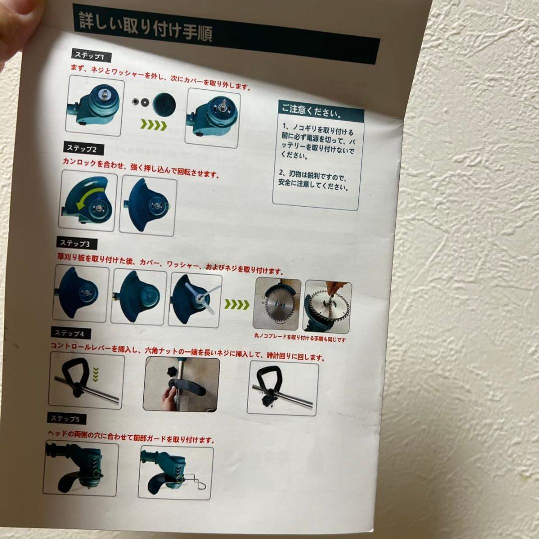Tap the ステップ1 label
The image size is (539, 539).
tap(90, 55)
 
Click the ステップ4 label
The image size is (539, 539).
tap(70, 332)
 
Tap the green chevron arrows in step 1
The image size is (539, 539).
tap(153, 125)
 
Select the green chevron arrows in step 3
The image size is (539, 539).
tap(237, 304)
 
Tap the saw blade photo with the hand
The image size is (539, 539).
tap(327, 305)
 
